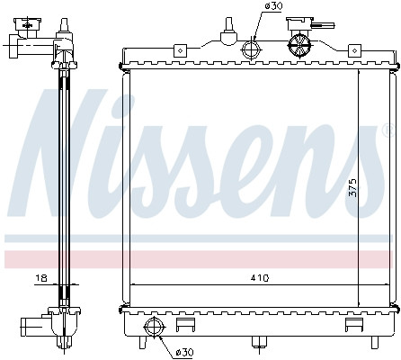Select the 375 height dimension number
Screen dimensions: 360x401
pos(353,186)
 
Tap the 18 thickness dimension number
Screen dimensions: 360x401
pos(41,279)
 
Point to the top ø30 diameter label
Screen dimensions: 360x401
pos(272,7)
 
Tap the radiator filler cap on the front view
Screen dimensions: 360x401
pos(300,41)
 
